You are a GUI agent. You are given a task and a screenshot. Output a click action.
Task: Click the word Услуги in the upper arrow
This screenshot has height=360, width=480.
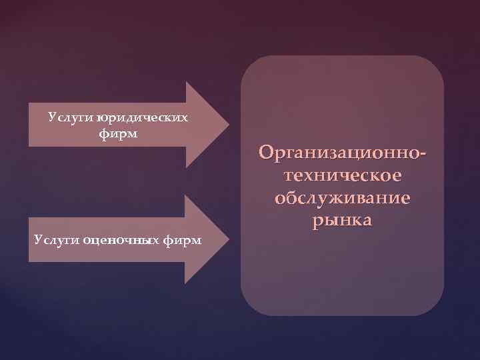click(70, 118)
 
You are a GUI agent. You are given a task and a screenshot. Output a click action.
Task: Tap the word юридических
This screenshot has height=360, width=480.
click(143, 118)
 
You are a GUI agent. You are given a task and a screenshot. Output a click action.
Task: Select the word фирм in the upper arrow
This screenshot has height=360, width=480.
click(117, 134)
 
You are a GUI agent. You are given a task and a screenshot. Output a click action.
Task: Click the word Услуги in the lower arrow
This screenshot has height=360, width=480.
click(56, 239)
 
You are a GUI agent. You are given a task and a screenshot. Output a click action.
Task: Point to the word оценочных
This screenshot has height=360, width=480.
click(120, 239)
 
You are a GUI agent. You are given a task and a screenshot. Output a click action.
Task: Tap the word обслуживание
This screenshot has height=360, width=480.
click(342, 199)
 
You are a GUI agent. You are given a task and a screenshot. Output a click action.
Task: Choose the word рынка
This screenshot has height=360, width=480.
click(342, 221)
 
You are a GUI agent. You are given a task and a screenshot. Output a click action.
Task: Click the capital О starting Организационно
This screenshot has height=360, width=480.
click(267, 153)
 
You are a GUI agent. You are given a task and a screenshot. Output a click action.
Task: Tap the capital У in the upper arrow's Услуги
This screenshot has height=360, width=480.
click(51, 118)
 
